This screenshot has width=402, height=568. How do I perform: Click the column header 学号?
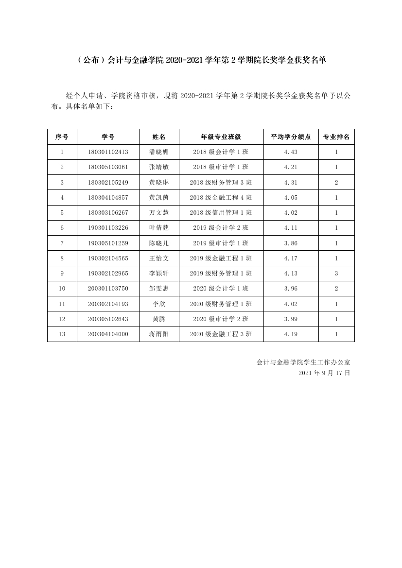(108, 137)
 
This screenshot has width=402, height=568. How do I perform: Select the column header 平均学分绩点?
(291, 137)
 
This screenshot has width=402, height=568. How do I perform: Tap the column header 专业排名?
(336, 137)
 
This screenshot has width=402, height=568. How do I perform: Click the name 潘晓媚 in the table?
(159, 152)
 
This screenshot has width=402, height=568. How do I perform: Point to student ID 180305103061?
(108, 167)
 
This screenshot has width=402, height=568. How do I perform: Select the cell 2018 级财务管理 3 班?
(221, 182)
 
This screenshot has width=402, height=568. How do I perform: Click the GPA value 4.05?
(291, 197)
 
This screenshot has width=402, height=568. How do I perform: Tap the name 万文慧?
(159, 213)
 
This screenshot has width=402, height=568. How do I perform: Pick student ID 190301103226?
(108, 228)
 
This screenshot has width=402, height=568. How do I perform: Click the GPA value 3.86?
(291, 243)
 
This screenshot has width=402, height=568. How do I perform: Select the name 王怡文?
(159, 258)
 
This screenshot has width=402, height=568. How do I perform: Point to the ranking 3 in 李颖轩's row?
(336, 274)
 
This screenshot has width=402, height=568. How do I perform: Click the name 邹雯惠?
(159, 289)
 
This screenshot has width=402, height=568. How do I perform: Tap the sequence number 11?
(62, 304)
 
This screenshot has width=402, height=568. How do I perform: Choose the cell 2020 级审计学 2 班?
(221, 319)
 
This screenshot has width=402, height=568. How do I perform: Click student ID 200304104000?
(108, 334)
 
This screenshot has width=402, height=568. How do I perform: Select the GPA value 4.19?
(291, 334)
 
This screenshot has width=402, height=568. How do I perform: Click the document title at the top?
(201, 60)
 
